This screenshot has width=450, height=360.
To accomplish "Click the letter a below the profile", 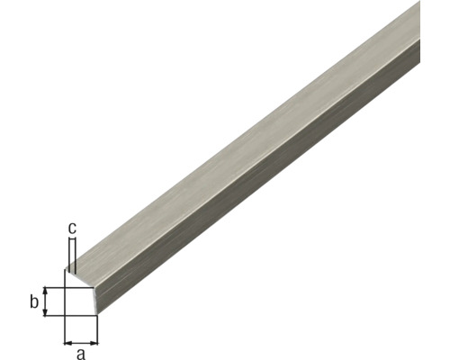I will pyautogui.click(x=81, y=352).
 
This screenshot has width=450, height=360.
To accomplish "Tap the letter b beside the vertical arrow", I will pyautogui.click(x=33, y=301).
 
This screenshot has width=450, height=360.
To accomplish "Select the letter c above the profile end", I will pyautogui.click(x=73, y=228).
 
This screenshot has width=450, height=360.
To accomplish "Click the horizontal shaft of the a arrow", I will pyautogui.click(x=81, y=341).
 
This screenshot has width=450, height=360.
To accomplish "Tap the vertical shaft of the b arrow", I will pyautogui.click(x=46, y=301).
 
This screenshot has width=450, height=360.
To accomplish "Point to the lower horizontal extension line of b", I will pyautogui.click(x=54, y=315).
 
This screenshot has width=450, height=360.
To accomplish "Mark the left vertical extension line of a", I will pyautogui.click(x=64, y=329).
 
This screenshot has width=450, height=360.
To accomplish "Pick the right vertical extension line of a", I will pyautogui.click(x=97, y=329).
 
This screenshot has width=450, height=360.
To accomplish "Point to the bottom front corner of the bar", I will pyautogui.click(x=97, y=315).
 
